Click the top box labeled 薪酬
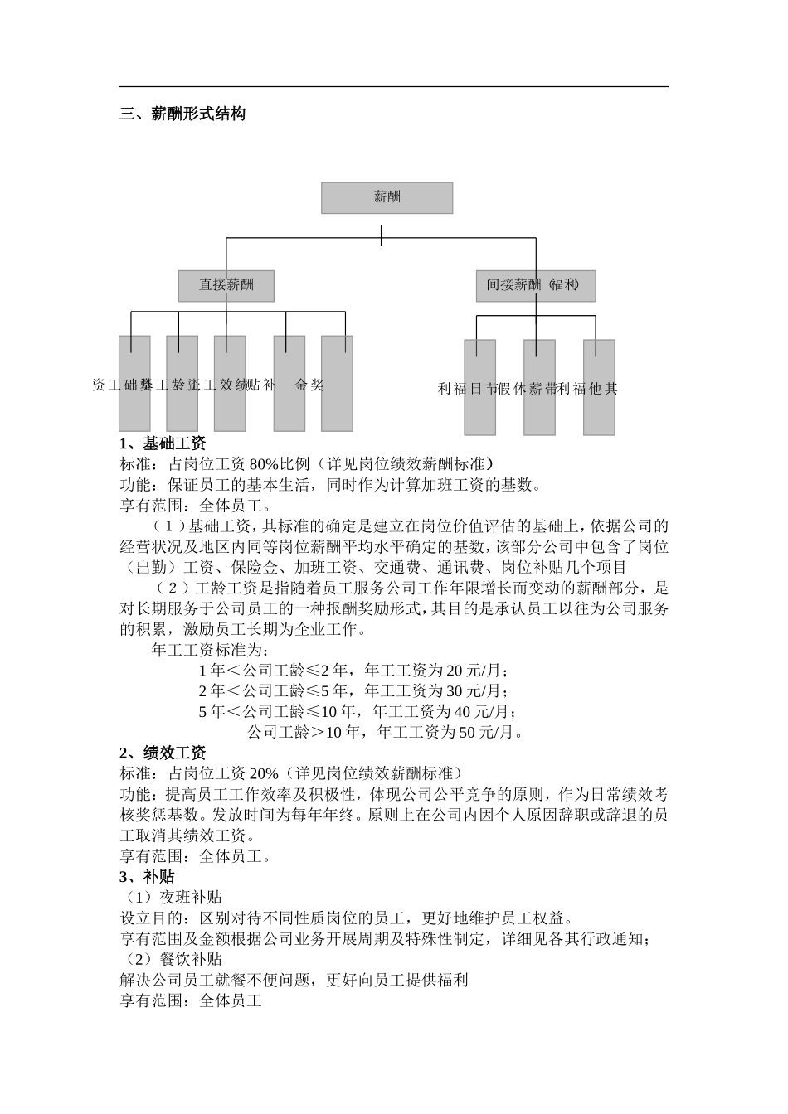coord(387,197)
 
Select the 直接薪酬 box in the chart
coord(226,285)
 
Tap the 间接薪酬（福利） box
coord(535,285)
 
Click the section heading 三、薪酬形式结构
coord(182,114)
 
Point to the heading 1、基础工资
coord(163,443)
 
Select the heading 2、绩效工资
coord(163,753)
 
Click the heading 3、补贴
coord(147,876)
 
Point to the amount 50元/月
coord(489,733)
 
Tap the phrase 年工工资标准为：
coord(211,650)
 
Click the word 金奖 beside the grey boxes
coord(309,385)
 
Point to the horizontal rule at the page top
coord(394,86)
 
